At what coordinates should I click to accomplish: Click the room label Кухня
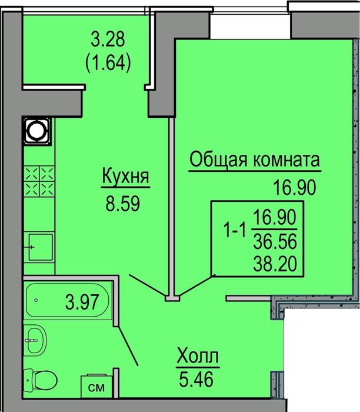[125, 177]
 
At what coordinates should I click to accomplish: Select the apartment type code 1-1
[234, 232]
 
